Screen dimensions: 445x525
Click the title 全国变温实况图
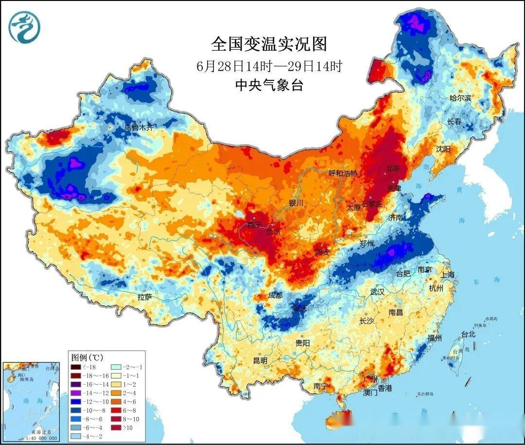[269, 44]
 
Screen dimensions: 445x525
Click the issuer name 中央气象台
[269, 85]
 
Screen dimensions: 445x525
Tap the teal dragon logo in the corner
[24, 27]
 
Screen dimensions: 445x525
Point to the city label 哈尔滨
[460, 98]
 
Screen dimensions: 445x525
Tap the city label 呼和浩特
[343, 173]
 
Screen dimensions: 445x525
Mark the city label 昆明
[261, 360]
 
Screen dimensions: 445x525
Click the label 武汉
[377, 292]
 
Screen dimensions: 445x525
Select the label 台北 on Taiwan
[468, 334]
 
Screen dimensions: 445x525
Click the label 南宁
[320, 386]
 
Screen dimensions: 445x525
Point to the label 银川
[296, 203]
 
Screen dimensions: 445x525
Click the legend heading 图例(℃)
[88, 357]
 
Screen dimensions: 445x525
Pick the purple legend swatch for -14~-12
[77, 392]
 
